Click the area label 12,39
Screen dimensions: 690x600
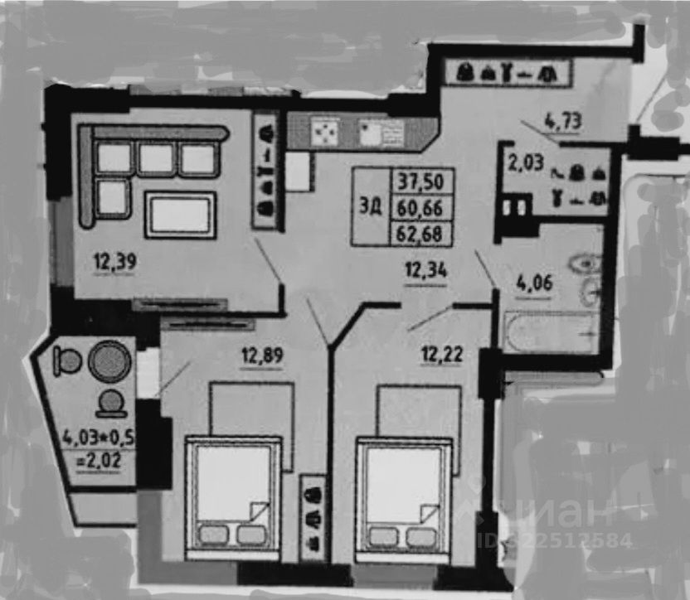click(x=114, y=263)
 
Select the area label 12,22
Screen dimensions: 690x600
click(x=442, y=356)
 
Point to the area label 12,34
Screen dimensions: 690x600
click(x=425, y=268)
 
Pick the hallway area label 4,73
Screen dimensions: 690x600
click(x=562, y=123)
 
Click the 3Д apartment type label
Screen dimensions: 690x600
click(x=371, y=207)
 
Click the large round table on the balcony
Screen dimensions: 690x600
click(x=109, y=361)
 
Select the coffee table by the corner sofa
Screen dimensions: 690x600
click(x=180, y=215)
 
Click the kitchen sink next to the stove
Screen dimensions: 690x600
click(x=382, y=132)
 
